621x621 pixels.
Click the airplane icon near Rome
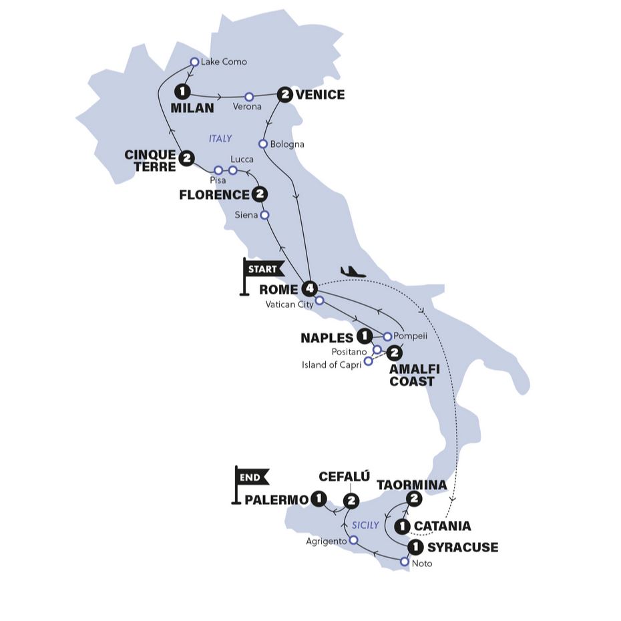(x=353, y=271)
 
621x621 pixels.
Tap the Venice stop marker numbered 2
(x=285, y=95)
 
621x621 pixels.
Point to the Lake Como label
(x=223, y=61)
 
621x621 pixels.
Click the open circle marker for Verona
(x=249, y=96)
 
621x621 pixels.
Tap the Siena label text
(x=247, y=215)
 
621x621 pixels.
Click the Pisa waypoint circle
(x=218, y=170)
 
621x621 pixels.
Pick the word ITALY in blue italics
(x=220, y=139)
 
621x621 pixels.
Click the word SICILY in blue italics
(x=365, y=525)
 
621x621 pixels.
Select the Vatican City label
(x=289, y=304)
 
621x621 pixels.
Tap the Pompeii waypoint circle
(x=387, y=336)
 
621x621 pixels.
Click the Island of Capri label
(x=331, y=363)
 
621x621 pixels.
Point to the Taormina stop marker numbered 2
(x=414, y=498)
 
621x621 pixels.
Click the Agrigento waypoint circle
(x=353, y=540)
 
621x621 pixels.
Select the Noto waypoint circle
(x=404, y=562)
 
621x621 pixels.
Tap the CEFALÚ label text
(x=343, y=477)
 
